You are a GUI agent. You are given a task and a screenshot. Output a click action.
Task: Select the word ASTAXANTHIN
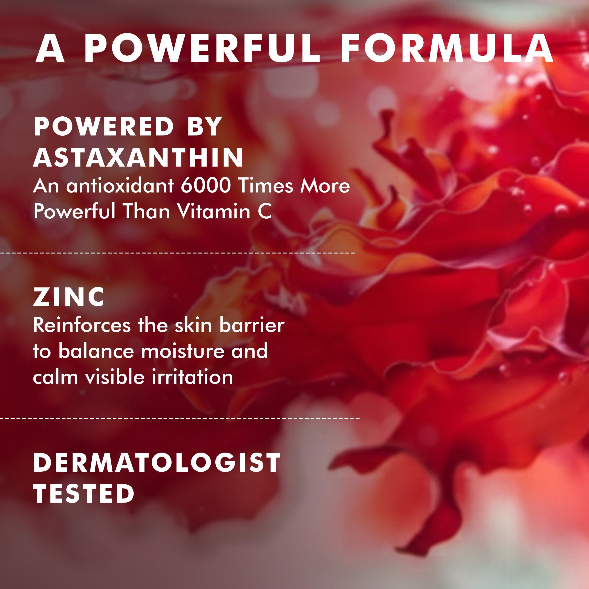click(138, 157)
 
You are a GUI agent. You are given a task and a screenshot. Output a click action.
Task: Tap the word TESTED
click(84, 494)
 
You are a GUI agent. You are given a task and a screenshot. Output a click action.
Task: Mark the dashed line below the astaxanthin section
click(177, 253)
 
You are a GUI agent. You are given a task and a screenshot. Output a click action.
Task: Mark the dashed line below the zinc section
click(180, 418)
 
